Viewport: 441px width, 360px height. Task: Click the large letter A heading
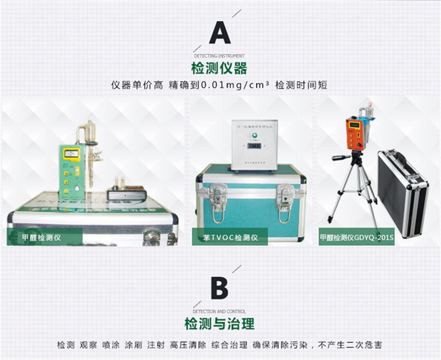click(x=219, y=32)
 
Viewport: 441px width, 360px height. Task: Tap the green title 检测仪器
click(x=219, y=68)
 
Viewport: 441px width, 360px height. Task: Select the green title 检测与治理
click(x=219, y=323)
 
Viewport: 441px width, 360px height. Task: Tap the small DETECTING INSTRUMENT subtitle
click(x=219, y=55)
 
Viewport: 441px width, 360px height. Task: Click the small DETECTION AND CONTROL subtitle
click(x=219, y=312)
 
